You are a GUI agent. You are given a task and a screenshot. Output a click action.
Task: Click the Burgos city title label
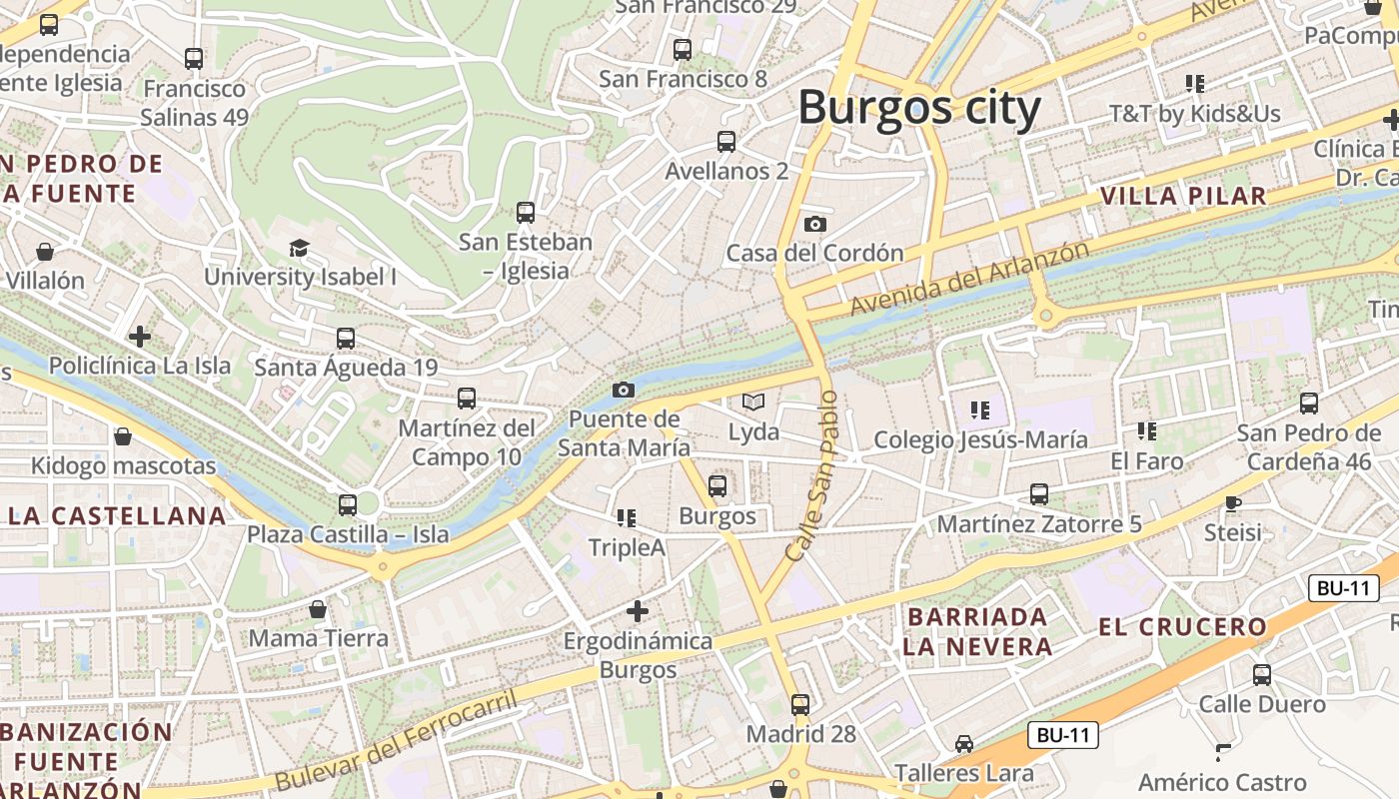(x=919, y=107)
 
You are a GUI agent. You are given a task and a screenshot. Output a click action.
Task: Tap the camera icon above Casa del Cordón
(x=815, y=224)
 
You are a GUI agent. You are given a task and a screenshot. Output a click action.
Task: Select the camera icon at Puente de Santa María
(x=624, y=390)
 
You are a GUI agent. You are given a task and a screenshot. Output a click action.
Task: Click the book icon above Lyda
(x=753, y=402)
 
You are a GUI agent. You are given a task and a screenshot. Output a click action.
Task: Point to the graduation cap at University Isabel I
(x=299, y=248)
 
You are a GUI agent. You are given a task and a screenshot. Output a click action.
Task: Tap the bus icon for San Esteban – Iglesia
(x=526, y=212)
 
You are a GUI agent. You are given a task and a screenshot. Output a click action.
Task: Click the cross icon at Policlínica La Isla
(x=140, y=336)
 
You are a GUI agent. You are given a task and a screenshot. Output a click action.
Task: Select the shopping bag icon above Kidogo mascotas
(x=123, y=436)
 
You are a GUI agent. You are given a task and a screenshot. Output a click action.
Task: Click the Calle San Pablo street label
(x=811, y=474)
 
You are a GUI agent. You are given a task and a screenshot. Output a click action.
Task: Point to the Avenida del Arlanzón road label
(x=969, y=278)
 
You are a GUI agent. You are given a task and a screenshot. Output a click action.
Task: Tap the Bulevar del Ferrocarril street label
(x=397, y=740)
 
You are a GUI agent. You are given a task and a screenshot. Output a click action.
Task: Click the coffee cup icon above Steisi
(x=1233, y=503)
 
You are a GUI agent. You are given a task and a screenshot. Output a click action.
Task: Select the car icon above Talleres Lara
(x=963, y=743)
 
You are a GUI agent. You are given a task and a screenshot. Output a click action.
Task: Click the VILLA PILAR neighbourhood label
(x=1183, y=196)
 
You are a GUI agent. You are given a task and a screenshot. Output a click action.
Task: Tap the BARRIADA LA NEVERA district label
(x=977, y=631)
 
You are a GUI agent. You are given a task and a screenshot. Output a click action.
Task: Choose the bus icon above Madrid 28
(x=800, y=704)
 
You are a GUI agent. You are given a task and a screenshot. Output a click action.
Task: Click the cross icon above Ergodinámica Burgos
(x=638, y=610)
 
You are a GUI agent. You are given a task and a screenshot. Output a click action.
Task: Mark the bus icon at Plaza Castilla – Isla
(x=348, y=504)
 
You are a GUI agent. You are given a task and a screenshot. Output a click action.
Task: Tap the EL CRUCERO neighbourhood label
(x=1182, y=627)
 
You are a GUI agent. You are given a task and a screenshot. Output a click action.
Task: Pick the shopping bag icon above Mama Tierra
(x=318, y=608)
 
